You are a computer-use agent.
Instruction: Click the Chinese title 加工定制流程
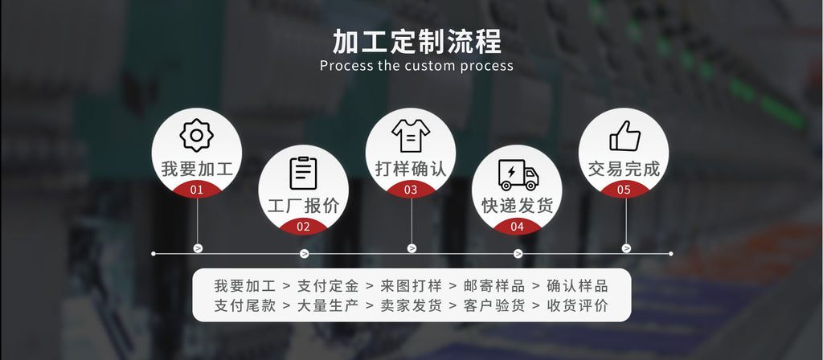coord(417,42)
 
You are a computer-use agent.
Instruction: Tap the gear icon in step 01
coord(196,135)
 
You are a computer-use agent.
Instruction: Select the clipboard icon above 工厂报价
coord(303,173)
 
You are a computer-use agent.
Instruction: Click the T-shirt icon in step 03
coord(411,135)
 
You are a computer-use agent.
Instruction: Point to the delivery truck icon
coord(518,174)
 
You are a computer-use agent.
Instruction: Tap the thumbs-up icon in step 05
coord(624,136)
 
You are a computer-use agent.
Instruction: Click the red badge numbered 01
coord(196,189)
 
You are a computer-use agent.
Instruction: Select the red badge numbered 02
coord(303,227)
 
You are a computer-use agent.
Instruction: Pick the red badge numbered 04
coord(517,227)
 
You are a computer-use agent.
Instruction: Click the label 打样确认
coord(411,169)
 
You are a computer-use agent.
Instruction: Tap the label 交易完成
coord(624,169)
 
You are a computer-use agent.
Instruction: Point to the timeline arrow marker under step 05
coord(626,248)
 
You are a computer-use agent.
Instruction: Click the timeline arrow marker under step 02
coord(304,254)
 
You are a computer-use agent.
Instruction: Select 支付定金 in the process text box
coord(328,286)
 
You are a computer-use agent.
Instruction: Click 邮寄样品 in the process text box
coord(494,286)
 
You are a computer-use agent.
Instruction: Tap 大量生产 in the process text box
coord(328,305)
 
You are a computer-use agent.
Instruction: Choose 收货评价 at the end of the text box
coord(577,305)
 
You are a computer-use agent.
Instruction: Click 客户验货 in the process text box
coord(494,305)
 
